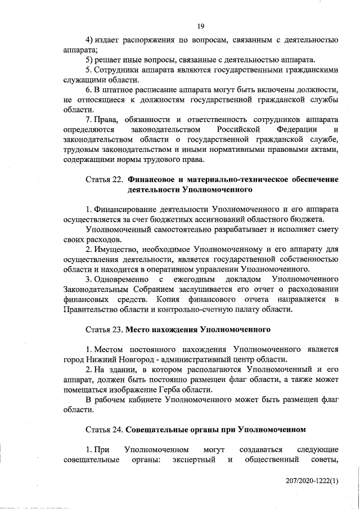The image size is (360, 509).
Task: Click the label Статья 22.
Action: (104, 179)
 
